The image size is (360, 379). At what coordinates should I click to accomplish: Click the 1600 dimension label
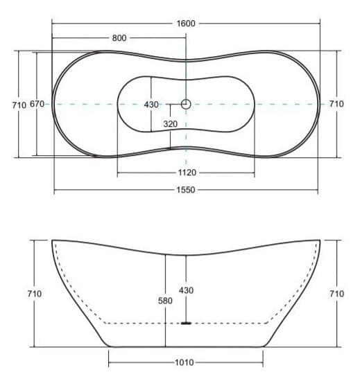[186, 23]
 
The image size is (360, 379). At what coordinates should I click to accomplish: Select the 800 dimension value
[119, 38]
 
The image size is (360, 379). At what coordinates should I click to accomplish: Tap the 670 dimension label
[37, 104]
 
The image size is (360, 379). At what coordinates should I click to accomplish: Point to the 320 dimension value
[170, 123]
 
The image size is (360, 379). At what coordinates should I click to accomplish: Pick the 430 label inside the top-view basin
[151, 104]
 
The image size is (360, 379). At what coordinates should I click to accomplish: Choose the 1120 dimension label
[187, 172]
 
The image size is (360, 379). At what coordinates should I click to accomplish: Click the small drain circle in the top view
[186, 104]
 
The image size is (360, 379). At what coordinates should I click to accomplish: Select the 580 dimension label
[165, 301]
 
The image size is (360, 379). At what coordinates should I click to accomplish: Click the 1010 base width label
[185, 362]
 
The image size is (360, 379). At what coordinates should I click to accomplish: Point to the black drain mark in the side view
[186, 322]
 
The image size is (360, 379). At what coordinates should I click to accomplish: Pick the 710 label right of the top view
[336, 104]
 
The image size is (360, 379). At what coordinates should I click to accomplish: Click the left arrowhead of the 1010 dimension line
[110, 362]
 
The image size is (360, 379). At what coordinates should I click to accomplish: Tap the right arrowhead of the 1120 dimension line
[254, 172]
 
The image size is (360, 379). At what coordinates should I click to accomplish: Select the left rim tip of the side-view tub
[53, 240]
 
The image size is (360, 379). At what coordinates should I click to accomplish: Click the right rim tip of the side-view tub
[320, 240]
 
